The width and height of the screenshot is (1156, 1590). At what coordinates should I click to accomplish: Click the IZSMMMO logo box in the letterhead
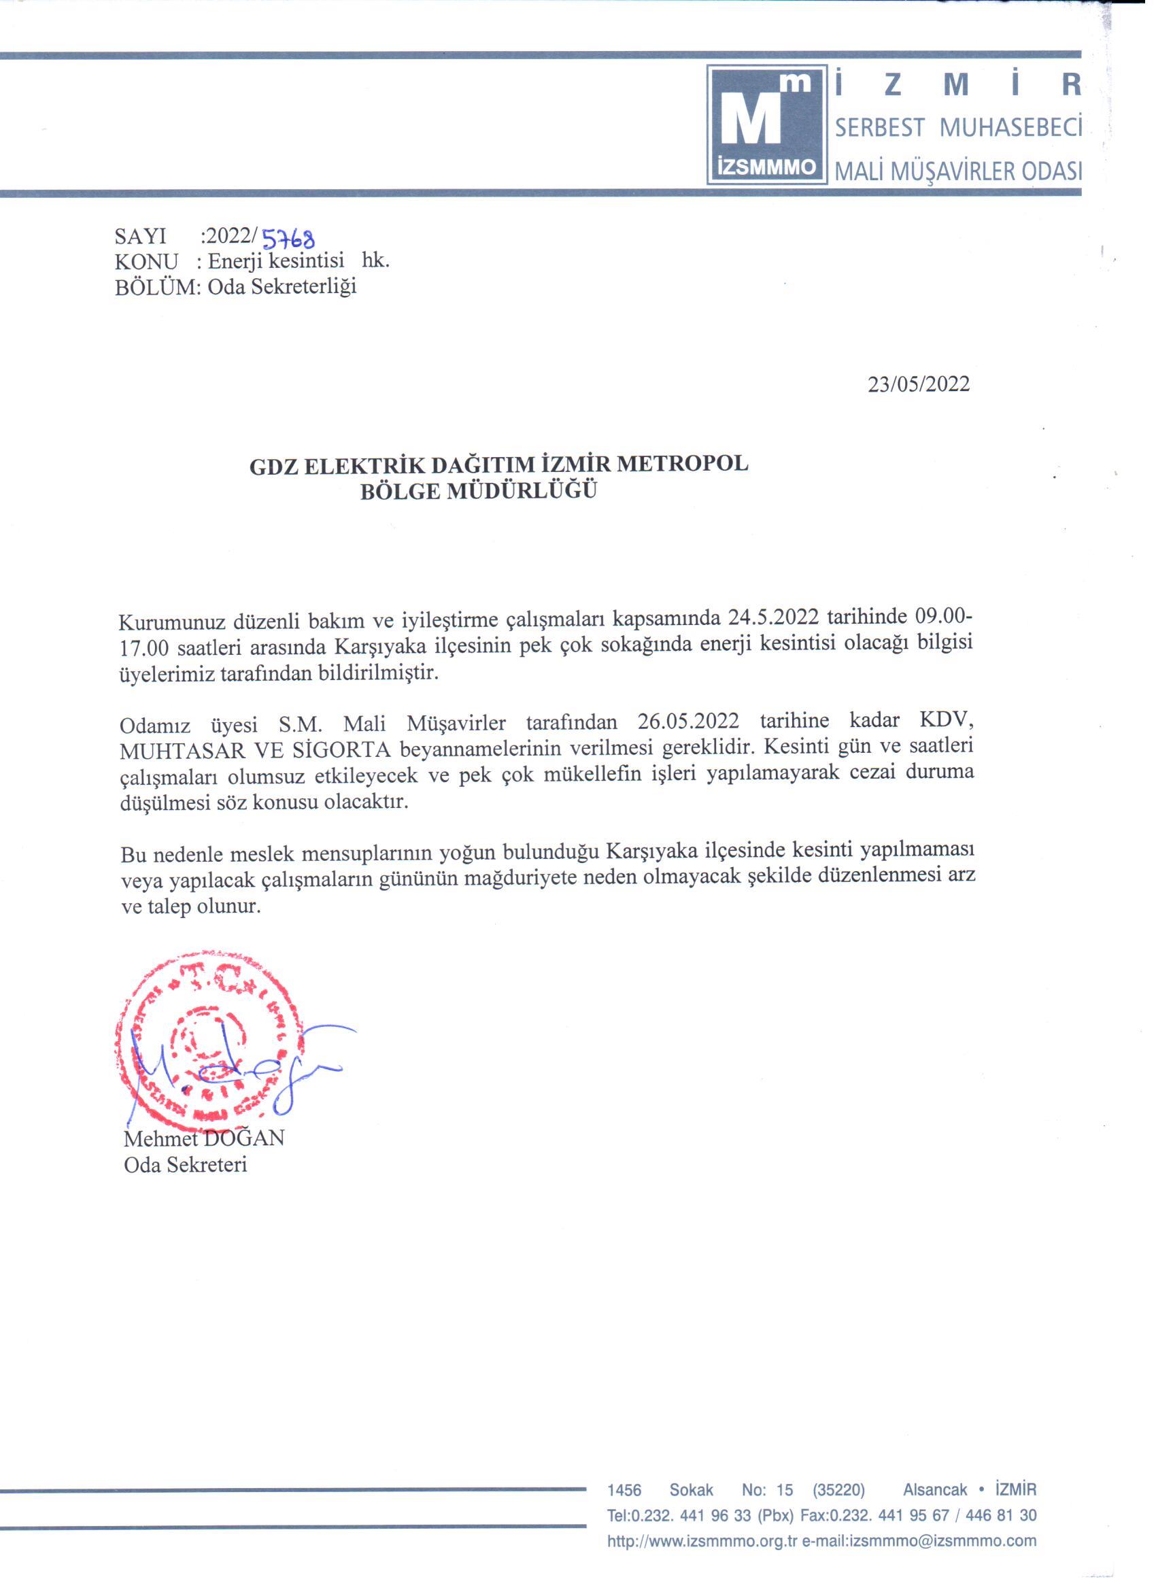[x=767, y=124]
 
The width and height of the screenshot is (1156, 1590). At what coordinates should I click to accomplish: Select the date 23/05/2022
[x=919, y=385]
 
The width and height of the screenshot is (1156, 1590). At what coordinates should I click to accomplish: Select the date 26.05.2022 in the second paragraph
[x=687, y=722]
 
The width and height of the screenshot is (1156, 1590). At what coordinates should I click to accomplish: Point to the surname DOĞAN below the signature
[x=244, y=1138]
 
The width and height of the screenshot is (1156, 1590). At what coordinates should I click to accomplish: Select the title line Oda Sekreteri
[x=186, y=1165]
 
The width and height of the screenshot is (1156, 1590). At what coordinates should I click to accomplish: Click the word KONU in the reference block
[x=146, y=262]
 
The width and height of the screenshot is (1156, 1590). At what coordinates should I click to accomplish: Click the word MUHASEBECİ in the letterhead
[x=1010, y=128]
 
